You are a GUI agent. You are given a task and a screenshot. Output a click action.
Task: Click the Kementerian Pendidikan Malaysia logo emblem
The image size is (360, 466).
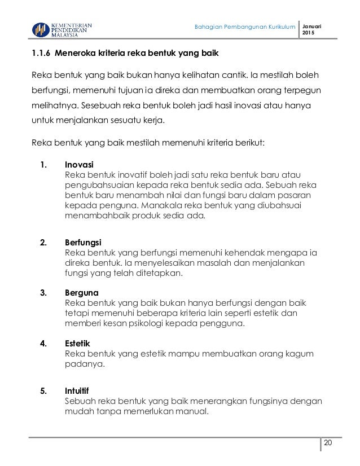[39, 29]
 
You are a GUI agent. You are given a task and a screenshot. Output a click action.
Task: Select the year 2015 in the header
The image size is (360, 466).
[308, 34]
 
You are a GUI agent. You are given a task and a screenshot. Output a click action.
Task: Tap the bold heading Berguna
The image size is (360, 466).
[82, 293]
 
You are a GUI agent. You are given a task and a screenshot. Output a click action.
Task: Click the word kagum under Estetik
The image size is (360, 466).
[302, 354]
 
